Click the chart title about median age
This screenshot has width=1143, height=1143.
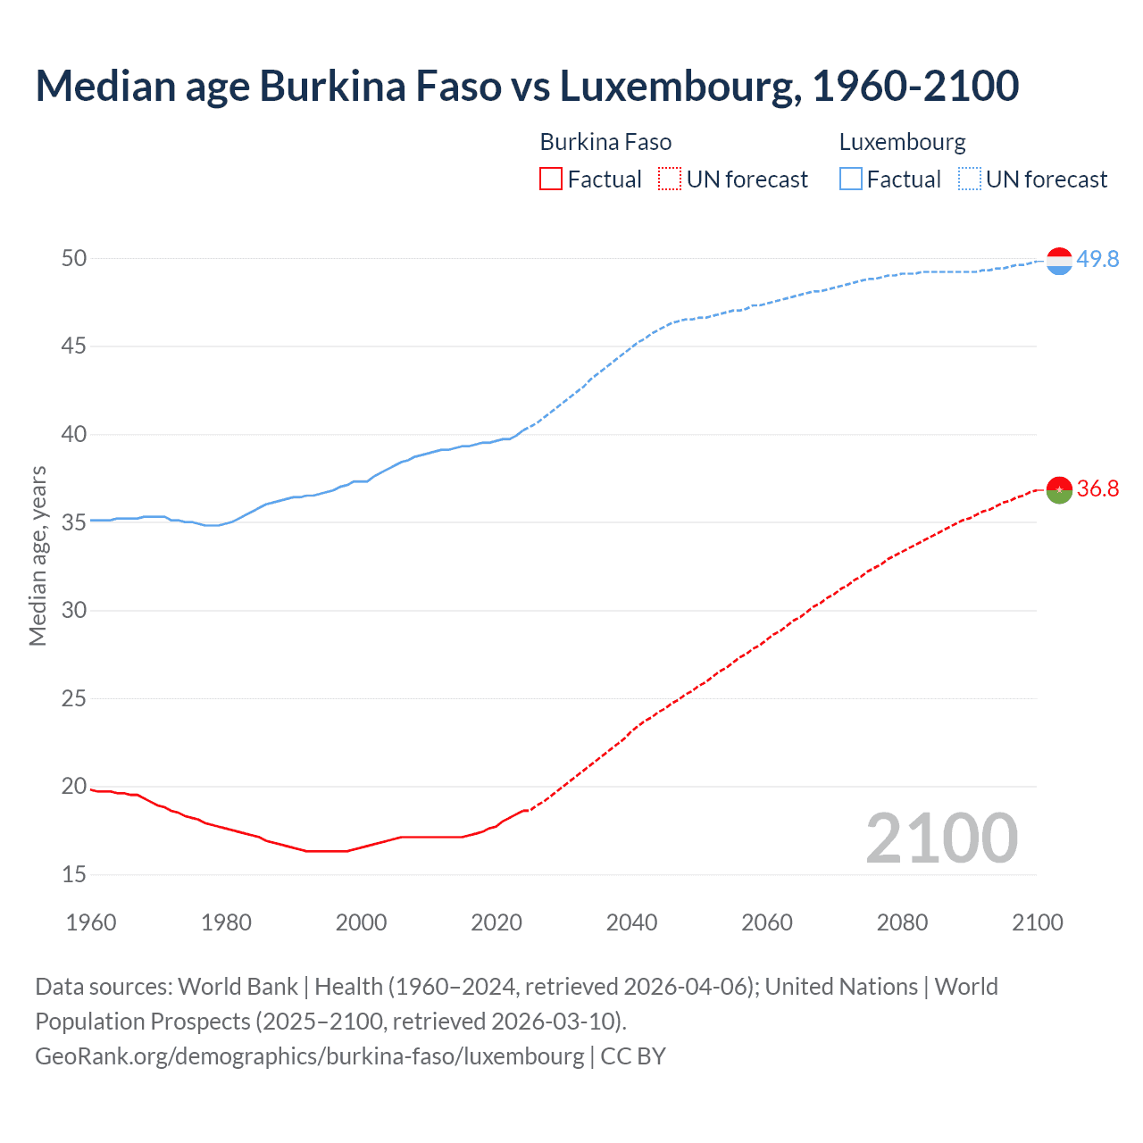point(527,86)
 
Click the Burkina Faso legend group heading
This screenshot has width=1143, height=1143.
point(605,142)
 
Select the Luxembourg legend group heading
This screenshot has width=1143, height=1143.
point(902,142)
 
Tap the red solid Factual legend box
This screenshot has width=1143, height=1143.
point(551,179)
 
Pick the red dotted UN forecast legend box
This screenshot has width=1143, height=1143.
point(670,179)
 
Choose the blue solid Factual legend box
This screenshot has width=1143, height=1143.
point(850,179)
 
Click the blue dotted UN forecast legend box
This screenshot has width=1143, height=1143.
point(969,179)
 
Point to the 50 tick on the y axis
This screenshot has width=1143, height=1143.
point(74,258)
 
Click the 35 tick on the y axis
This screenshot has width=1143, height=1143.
point(74,522)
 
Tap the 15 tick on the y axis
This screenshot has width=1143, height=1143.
point(74,874)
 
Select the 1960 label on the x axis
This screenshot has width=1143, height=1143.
point(91,922)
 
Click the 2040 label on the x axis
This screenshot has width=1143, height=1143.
point(631,922)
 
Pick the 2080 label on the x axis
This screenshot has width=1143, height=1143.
point(902,922)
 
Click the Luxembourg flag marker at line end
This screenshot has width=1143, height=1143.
point(1059,261)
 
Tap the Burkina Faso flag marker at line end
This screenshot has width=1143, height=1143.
point(1059,489)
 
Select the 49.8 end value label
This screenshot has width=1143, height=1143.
point(1097,259)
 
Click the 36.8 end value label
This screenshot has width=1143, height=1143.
point(1097,488)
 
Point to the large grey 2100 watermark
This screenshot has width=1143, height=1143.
point(941,838)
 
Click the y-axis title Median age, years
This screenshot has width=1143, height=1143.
point(38,555)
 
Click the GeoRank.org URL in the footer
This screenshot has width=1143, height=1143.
point(309,1055)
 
